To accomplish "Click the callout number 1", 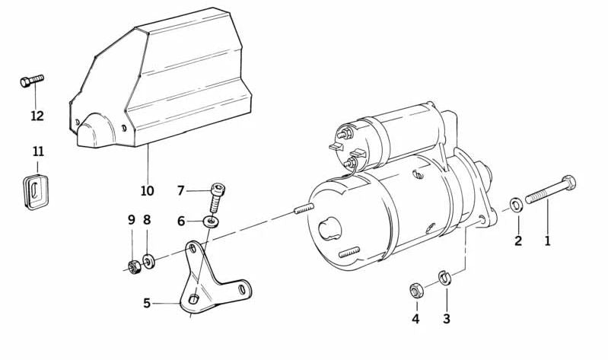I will coord(546,241).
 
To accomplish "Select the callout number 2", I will coord(518,241).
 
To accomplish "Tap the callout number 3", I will coord(446,319).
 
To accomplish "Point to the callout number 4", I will coord(415,319).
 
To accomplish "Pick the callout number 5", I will coord(147,303).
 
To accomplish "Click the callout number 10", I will coord(147,190).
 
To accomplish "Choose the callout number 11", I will coord(38,151).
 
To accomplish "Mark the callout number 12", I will coord(37,116).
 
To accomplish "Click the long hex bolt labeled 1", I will coord(549,192).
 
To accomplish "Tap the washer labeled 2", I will coord(515,203).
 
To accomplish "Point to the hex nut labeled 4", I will coord(416,290).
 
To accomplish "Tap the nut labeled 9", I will coord(131,266).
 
